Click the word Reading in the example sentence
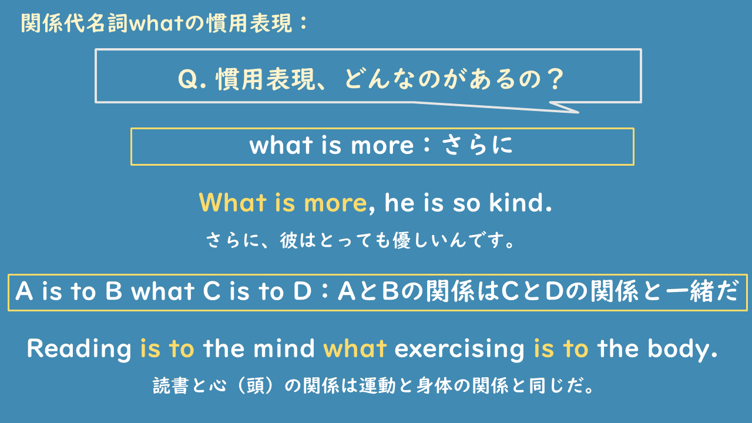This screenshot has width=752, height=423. pyautogui.click(x=79, y=349)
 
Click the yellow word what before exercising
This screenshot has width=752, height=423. pyautogui.click(x=354, y=349)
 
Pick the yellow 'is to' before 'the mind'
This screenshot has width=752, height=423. pyautogui.click(x=167, y=349)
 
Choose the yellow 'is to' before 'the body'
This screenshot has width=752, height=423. pyautogui.click(x=560, y=349)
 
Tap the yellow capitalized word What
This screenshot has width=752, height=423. pyautogui.click(x=233, y=203)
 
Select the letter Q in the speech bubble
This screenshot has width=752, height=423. pyautogui.click(x=187, y=79)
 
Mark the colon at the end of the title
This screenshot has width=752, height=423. pyautogui.click(x=303, y=23)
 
